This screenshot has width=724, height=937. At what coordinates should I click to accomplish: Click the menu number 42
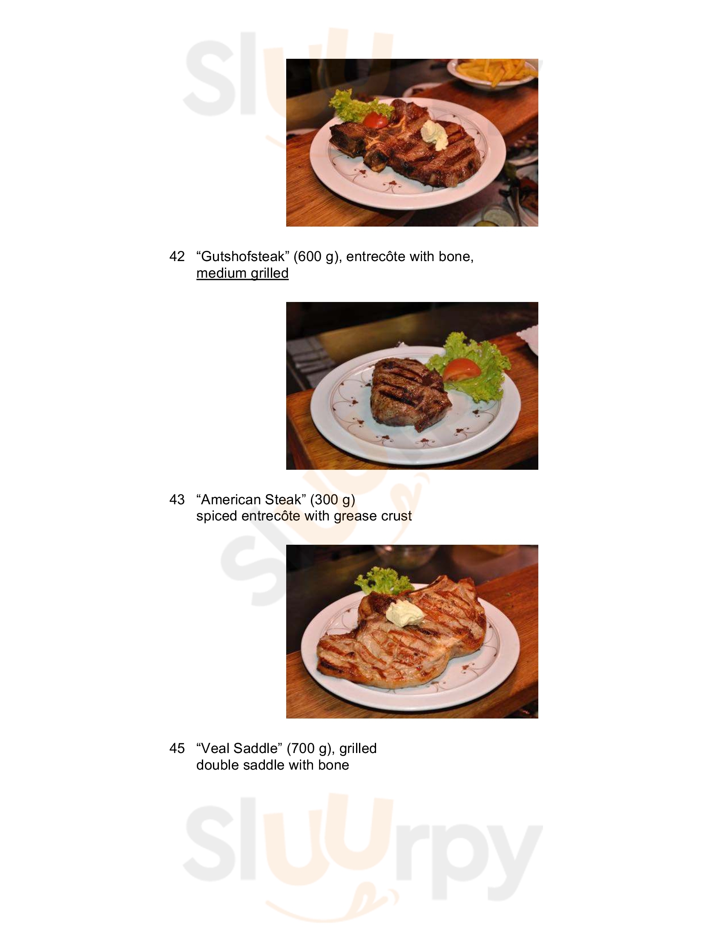(x=177, y=256)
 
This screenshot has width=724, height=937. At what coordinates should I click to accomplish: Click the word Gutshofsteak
(x=243, y=256)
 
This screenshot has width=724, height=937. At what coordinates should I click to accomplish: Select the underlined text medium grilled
(x=242, y=273)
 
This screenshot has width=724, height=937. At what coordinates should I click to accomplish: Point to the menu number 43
(x=177, y=500)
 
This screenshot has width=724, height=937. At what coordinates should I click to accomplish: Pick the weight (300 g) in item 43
(x=333, y=500)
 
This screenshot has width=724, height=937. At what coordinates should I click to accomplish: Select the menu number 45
(x=177, y=748)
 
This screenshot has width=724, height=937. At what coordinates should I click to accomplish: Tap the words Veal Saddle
(x=241, y=748)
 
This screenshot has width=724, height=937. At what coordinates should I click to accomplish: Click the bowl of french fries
(x=493, y=73)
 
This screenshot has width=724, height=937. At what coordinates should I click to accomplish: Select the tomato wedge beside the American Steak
(x=462, y=370)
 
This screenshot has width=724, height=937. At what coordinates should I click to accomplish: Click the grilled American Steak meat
(x=408, y=393)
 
